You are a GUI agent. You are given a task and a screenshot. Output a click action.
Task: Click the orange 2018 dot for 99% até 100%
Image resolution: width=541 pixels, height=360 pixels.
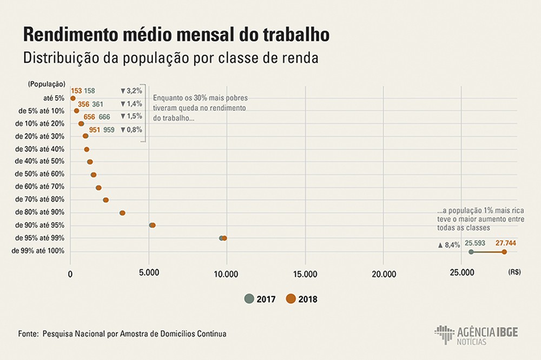coord(504,252)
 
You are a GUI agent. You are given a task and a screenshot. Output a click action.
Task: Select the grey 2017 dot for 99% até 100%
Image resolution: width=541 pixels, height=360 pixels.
coord(471,252)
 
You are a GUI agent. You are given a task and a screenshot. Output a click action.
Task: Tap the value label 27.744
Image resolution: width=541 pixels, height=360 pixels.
coord(505,243)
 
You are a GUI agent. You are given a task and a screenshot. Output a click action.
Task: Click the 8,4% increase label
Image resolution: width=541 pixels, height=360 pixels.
coord(449,245)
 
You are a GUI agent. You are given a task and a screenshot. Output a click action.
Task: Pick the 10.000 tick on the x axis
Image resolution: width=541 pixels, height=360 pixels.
coord(227,274)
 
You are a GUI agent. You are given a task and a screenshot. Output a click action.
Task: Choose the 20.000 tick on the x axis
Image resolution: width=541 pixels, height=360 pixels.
coord(383,274)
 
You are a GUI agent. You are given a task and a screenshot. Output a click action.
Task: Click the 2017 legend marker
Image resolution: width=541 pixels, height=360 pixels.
coord(249,298)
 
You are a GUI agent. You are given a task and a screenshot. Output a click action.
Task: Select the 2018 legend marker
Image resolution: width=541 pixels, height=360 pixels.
coord(291,298)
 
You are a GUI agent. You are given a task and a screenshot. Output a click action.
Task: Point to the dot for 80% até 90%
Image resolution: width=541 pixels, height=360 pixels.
coord(122,213)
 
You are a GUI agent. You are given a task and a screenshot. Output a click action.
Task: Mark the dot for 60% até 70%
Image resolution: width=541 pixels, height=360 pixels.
coord(98,188)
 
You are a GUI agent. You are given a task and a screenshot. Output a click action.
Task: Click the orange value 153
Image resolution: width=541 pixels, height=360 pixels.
coord(76,91)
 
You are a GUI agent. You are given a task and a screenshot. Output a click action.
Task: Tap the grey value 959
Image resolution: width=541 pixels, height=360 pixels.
coord(108,130)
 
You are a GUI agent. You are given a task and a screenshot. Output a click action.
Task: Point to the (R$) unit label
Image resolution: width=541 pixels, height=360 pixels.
coord(514,274)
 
